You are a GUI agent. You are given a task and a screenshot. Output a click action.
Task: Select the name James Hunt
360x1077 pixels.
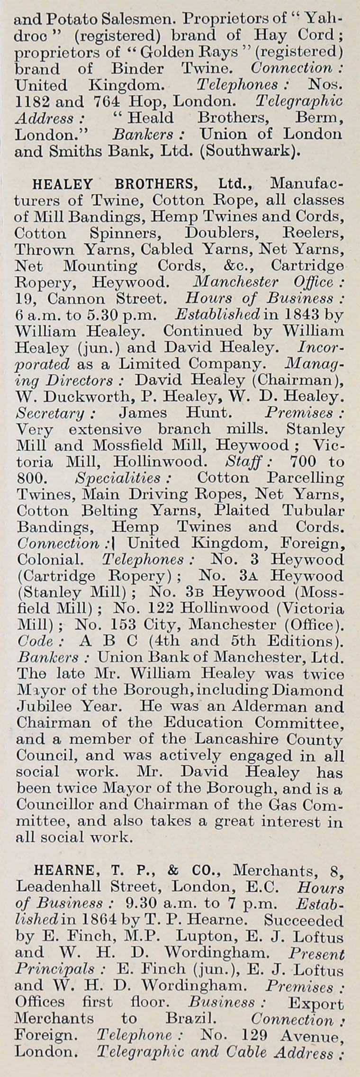[x=176, y=413]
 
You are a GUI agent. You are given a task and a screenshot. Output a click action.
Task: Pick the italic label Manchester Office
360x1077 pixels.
[x=270, y=282]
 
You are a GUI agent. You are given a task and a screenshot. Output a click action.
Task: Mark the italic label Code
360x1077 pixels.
[x=35, y=641]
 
